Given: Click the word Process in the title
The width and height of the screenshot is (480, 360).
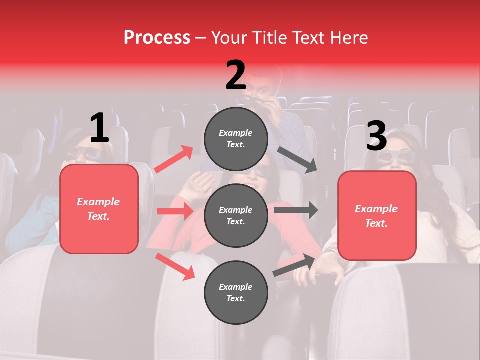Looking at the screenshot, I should pyautogui.click(x=157, y=38).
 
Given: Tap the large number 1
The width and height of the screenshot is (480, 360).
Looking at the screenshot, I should pyautogui.click(x=99, y=128).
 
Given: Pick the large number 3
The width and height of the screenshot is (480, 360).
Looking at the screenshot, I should pyautogui.click(x=376, y=136).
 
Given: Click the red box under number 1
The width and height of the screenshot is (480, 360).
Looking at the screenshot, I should pyautogui.click(x=99, y=209).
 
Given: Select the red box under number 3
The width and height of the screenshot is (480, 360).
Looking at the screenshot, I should pyautogui.click(x=377, y=216).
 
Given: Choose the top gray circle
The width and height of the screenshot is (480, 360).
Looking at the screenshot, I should pyautogui.click(x=236, y=139).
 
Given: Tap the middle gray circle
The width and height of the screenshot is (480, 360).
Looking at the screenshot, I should pyautogui.click(x=236, y=215).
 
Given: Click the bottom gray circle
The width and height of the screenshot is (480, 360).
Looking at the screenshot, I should pyautogui.click(x=236, y=292).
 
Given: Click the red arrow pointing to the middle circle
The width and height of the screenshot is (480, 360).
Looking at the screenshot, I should pyautogui.click(x=175, y=211).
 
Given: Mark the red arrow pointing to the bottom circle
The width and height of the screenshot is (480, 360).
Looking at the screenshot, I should pyautogui.click(x=175, y=266).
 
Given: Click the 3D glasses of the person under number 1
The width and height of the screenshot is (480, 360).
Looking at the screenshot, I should pyautogui.click(x=82, y=153).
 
